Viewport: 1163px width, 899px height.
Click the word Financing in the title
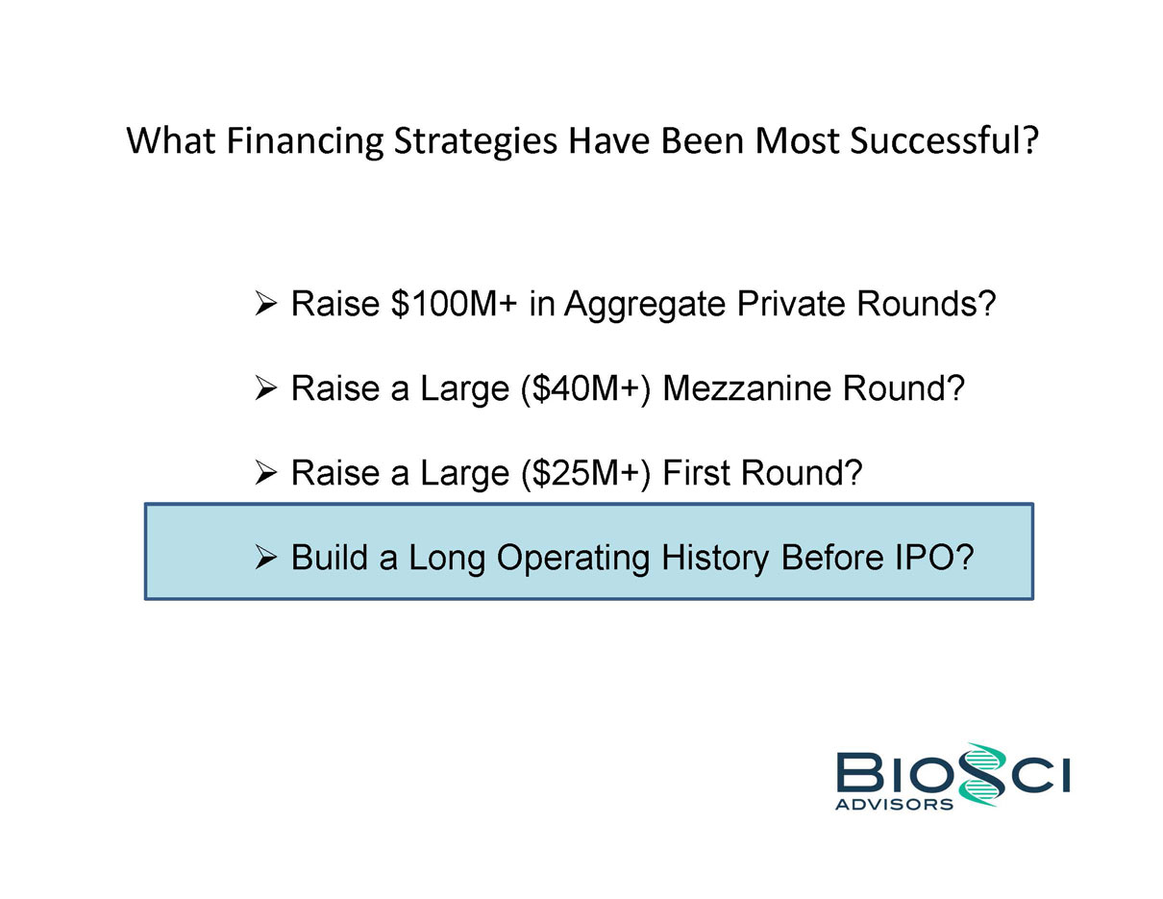pyautogui.click(x=305, y=141)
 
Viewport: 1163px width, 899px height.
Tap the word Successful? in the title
pyautogui.click(x=944, y=140)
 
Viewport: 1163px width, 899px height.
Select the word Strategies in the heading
pyautogui.click(x=475, y=142)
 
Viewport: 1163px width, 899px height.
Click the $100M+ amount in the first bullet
pyautogui.click(x=454, y=303)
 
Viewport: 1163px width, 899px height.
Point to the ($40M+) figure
pyautogui.click(x=586, y=388)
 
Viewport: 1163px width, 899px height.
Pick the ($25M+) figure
pyautogui.click(x=586, y=473)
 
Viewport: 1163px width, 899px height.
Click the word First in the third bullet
pyautogui.click(x=696, y=472)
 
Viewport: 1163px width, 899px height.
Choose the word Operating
pyautogui.click(x=573, y=559)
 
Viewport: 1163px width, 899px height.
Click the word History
pyautogui.click(x=714, y=559)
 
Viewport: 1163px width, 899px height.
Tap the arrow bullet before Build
pyautogui.click(x=265, y=558)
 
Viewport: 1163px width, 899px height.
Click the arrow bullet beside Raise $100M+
pyautogui.click(x=265, y=304)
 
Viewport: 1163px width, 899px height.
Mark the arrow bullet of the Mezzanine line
pyautogui.click(x=265, y=388)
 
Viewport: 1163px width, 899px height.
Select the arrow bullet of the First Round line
pyautogui.click(x=265, y=473)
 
